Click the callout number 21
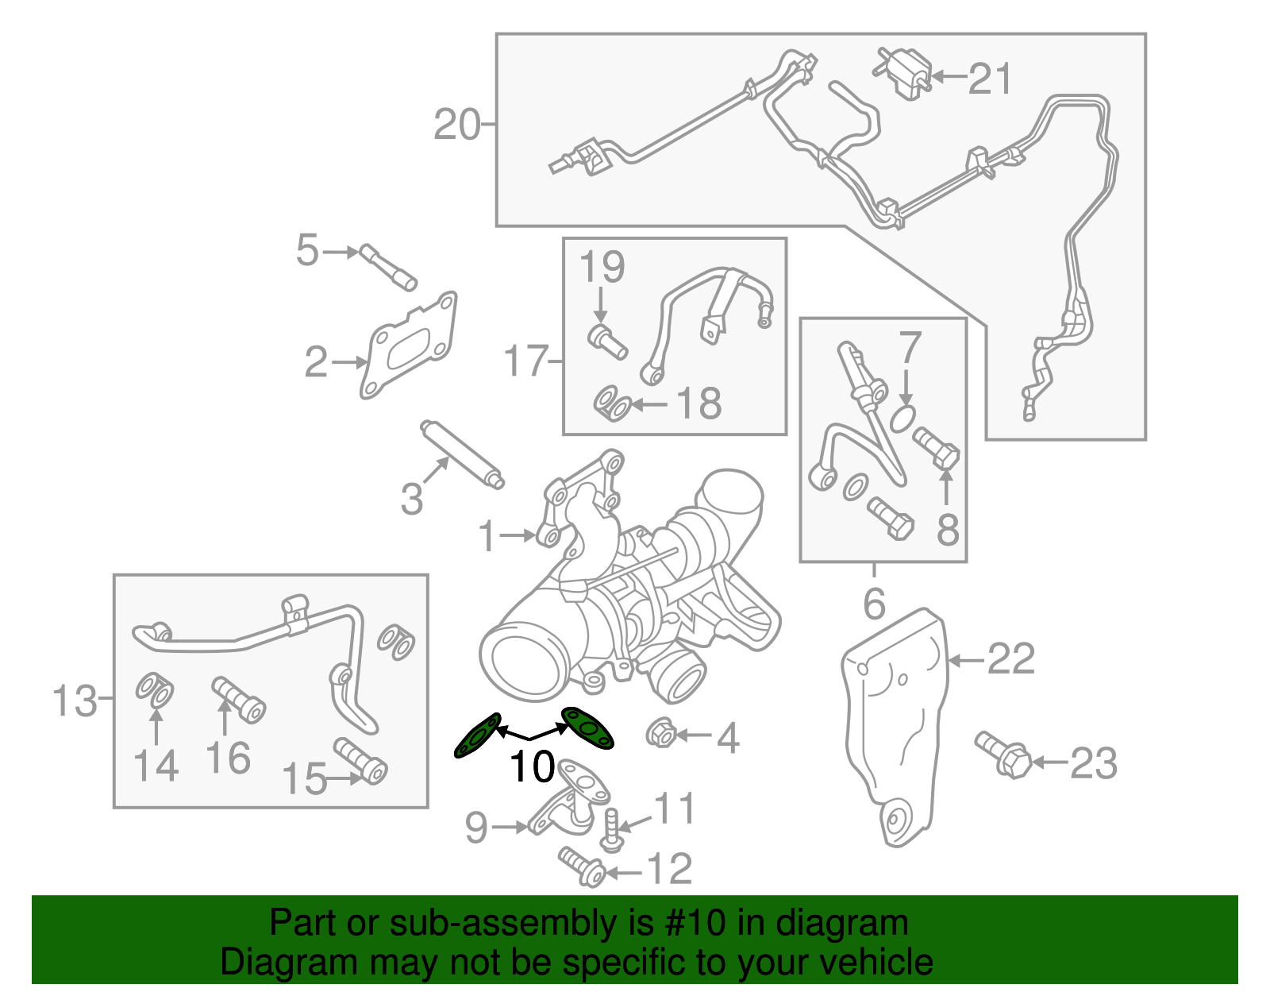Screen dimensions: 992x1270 (x=991, y=79)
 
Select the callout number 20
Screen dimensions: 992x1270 (x=457, y=125)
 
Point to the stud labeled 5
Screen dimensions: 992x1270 (x=388, y=267)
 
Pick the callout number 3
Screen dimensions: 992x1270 (x=411, y=500)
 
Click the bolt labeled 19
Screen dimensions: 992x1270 (x=607, y=341)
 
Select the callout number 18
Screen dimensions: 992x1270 (x=698, y=403)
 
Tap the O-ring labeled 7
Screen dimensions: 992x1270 (x=902, y=418)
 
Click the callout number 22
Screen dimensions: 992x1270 (x=1010, y=658)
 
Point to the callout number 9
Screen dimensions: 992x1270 (x=476, y=828)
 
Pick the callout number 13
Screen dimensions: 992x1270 (x=75, y=701)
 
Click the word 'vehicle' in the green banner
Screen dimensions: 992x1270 (x=876, y=962)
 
